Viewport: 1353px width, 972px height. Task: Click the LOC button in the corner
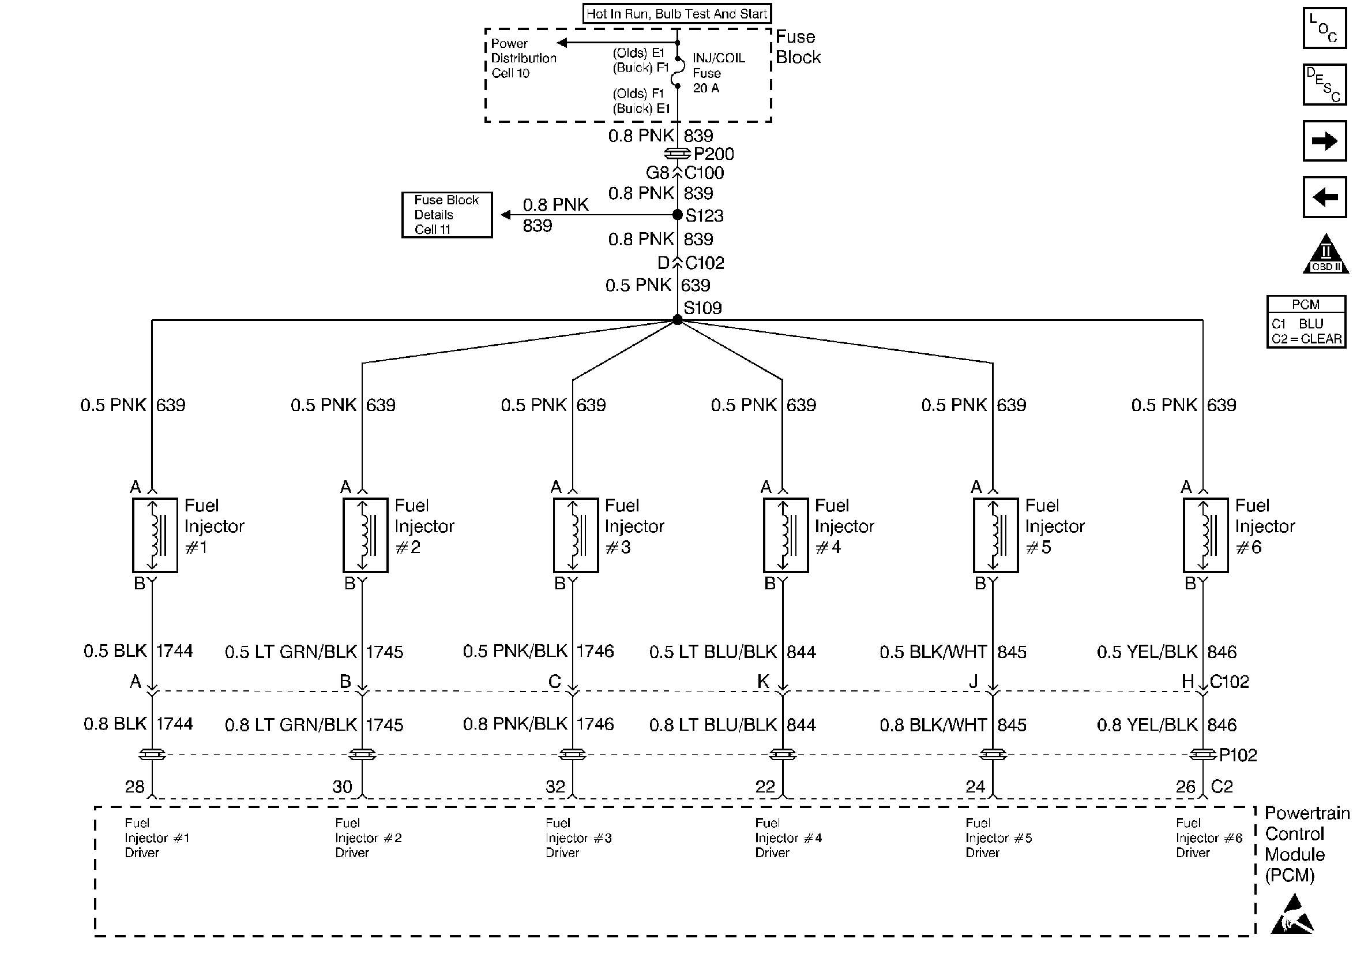point(1324,28)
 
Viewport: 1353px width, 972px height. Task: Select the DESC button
point(1324,84)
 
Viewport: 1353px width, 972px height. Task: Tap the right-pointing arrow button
point(1324,141)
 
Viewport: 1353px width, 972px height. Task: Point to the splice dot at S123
point(677,215)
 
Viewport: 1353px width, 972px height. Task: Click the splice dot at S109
point(677,320)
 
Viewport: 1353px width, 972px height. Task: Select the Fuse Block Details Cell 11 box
point(447,215)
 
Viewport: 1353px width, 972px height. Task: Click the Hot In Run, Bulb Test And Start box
point(676,14)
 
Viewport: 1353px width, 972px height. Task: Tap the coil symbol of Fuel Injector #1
point(155,535)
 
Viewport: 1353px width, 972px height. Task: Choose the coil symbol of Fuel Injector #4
point(786,535)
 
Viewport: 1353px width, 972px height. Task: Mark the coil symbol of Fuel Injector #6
point(1206,535)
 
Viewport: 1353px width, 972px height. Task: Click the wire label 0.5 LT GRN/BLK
point(291,652)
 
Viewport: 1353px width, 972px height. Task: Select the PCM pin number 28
point(135,786)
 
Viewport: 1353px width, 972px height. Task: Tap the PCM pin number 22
point(765,786)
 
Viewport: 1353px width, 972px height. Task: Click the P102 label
point(1238,756)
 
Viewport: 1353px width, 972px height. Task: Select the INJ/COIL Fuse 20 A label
point(718,73)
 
